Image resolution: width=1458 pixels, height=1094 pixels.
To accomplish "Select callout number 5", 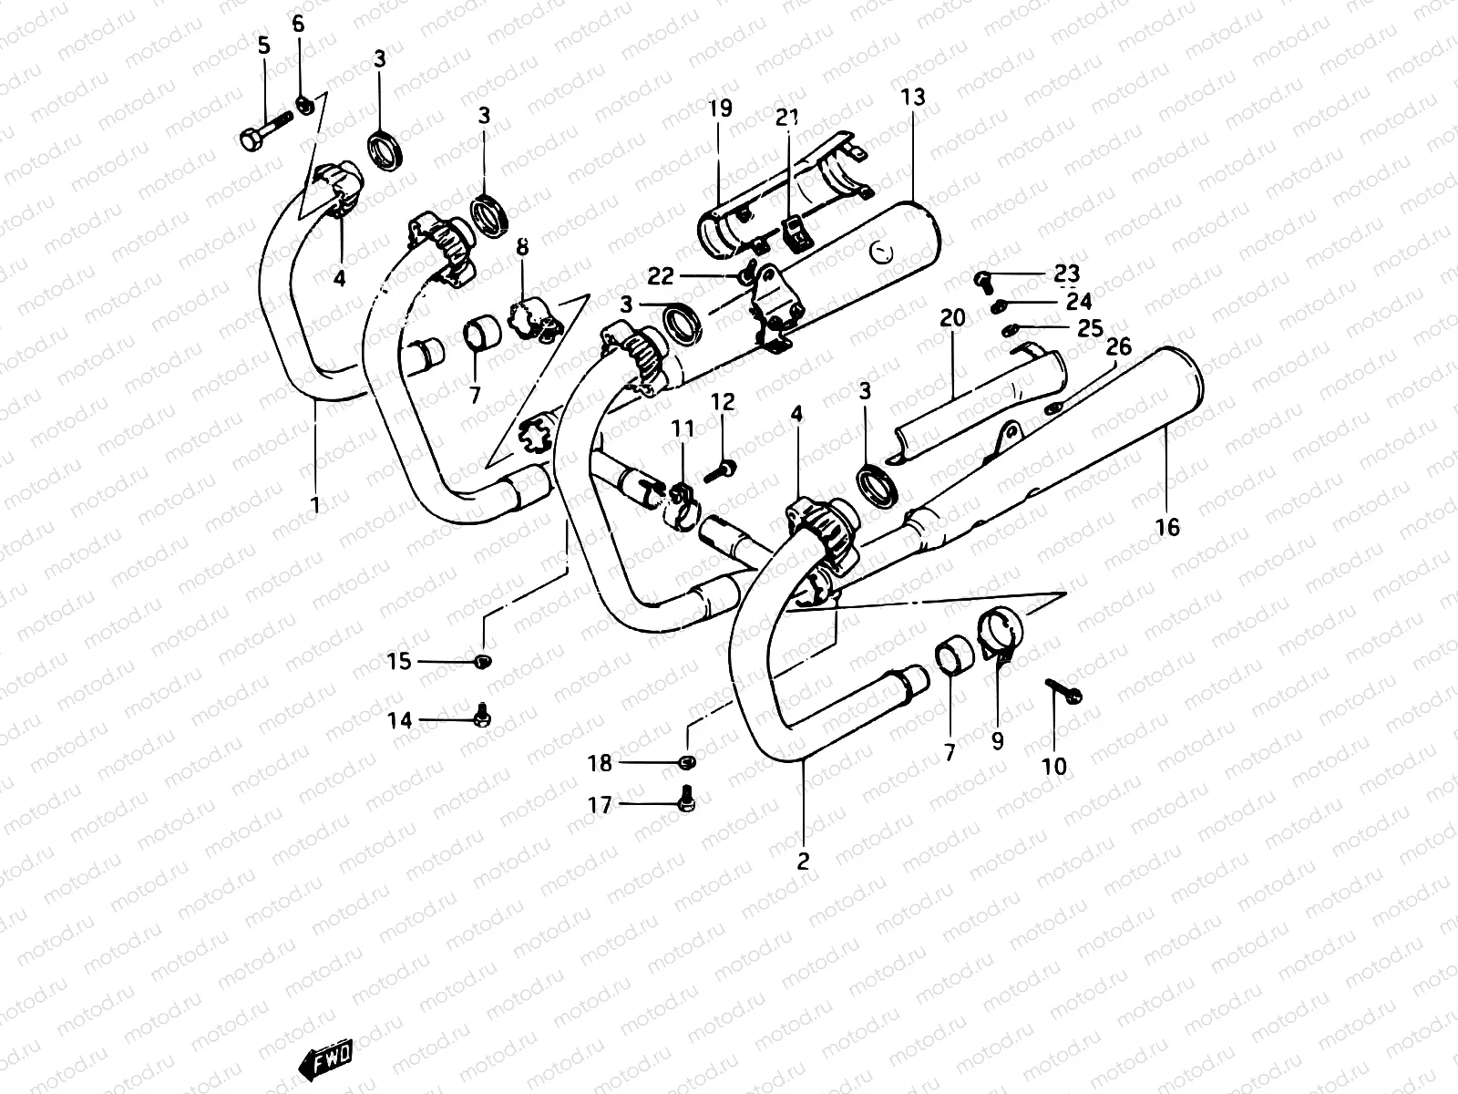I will pyautogui.click(x=264, y=45).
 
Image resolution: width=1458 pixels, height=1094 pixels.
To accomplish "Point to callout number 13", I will pyautogui.click(x=912, y=97).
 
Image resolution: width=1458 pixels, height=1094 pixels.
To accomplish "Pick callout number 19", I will pyautogui.click(x=720, y=109).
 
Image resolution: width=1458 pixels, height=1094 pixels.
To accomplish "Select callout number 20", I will pyautogui.click(x=951, y=318).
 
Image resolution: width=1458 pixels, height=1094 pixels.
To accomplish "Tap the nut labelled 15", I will pyautogui.click(x=483, y=660).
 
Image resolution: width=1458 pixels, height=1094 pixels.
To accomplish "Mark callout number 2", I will pyautogui.click(x=803, y=861).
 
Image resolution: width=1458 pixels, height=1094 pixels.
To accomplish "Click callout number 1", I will pyautogui.click(x=315, y=504).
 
